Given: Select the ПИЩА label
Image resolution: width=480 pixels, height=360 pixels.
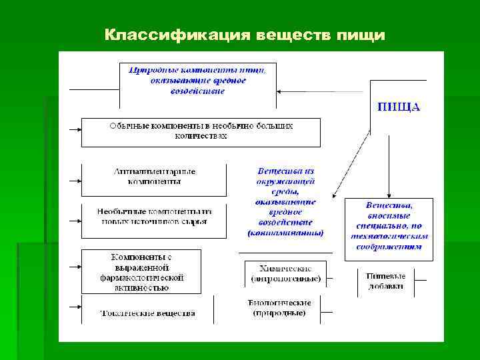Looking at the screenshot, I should click(x=399, y=107).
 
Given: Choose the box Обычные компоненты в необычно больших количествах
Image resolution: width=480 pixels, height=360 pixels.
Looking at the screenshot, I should click(x=201, y=131).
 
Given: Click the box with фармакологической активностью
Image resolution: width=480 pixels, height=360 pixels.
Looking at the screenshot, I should click(x=141, y=272).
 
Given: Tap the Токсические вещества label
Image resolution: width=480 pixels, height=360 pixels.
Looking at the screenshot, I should click(x=147, y=312).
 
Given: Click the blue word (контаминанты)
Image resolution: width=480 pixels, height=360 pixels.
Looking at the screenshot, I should click(x=285, y=233).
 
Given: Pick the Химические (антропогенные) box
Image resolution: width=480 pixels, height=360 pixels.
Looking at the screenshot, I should click(x=285, y=273).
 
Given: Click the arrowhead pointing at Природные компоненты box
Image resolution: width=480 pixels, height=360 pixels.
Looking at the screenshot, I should click(x=281, y=91).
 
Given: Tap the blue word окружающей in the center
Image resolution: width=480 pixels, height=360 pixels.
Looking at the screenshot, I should click(x=285, y=181).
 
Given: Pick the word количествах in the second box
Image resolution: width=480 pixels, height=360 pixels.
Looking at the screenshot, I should click(x=201, y=135).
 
